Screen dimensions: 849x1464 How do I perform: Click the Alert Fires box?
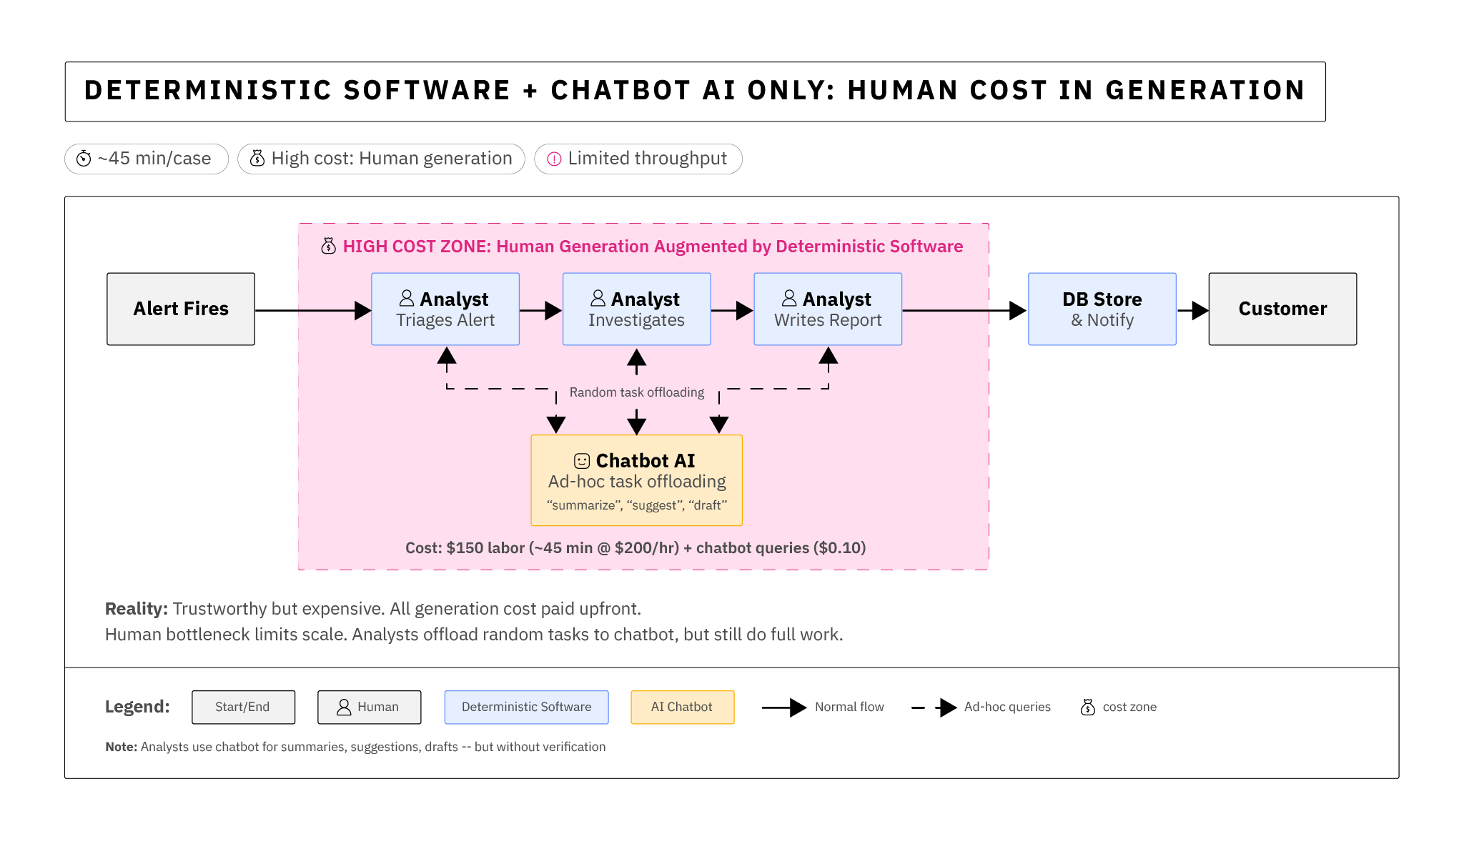click(x=181, y=309)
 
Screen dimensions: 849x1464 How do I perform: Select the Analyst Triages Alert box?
click(x=445, y=309)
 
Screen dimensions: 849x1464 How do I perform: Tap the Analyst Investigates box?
click(x=636, y=309)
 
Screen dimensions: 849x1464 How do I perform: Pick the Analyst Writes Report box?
click(x=828, y=309)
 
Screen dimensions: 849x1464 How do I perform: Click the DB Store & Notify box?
click(x=1102, y=309)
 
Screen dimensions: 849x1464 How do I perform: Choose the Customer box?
click(x=1282, y=309)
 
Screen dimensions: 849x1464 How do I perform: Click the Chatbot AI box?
click(x=636, y=480)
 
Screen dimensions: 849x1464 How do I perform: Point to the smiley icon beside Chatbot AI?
click(x=582, y=461)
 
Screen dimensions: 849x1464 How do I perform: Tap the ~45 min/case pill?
click(x=147, y=159)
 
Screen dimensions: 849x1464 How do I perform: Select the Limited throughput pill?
click(x=638, y=159)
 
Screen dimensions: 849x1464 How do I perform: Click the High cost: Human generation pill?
click(x=381, y=159)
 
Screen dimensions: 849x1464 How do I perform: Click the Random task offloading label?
click(x=636, y=392)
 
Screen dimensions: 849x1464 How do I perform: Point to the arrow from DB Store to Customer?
click(x=1192, y=310)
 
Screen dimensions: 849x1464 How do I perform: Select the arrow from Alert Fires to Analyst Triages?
click(x=312, y=310)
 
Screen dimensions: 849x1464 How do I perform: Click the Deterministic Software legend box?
click(x=526, y=707)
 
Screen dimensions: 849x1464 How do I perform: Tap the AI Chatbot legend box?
click(x=682, y=707)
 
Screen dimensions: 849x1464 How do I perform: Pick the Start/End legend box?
click(x=243, y=707)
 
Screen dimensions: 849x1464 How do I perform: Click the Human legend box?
click(x=369, y=707)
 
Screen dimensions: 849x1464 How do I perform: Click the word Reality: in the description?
click(x=136, y=609)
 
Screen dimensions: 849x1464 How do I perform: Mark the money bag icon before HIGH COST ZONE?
click(x=328, y=247)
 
